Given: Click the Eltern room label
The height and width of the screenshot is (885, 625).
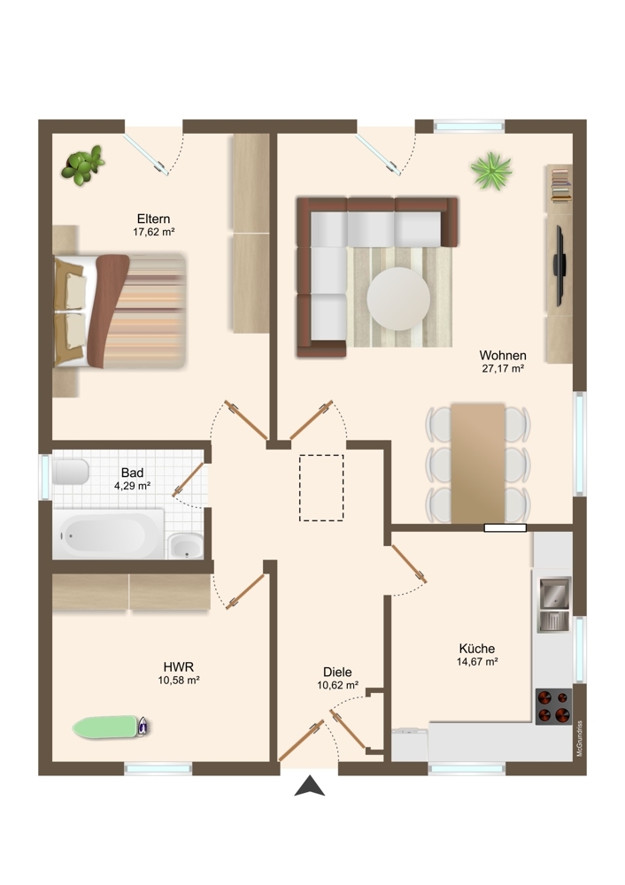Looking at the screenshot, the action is click(153, 219).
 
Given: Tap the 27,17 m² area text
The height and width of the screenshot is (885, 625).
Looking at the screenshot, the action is click(503, 368).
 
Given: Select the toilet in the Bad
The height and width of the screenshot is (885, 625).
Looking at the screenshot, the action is click(71, 472).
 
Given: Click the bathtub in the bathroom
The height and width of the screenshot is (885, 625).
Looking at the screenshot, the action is click(108, 534).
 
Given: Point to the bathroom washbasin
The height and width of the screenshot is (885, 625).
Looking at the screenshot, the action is click(185, 546).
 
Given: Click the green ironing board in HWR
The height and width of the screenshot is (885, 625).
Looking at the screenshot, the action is click(110, 727).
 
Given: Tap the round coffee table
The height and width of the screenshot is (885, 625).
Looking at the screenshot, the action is click(398, 298).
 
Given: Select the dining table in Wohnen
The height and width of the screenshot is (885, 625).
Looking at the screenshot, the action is click(478, 463).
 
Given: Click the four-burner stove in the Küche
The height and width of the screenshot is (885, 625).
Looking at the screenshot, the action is click(553, 706).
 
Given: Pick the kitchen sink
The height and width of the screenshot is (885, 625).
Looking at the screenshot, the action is click(554, 604).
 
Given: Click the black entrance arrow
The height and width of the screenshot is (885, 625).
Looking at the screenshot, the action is click(309, 786).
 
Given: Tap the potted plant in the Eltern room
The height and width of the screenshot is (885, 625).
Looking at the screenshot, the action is click(83, 165).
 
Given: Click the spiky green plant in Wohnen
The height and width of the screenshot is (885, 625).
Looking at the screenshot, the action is click(491, 171).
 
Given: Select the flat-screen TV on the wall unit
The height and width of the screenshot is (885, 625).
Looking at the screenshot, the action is click(559, 265).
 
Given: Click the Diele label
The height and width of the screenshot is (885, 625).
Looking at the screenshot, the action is click(337, 673).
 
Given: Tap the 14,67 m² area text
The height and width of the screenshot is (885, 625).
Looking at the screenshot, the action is click(477, 662).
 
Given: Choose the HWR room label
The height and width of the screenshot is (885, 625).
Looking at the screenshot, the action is click(179, 667).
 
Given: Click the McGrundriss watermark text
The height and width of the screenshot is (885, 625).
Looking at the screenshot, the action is click(579, 738).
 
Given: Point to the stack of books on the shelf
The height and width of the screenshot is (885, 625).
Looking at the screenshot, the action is click(560, 184).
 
